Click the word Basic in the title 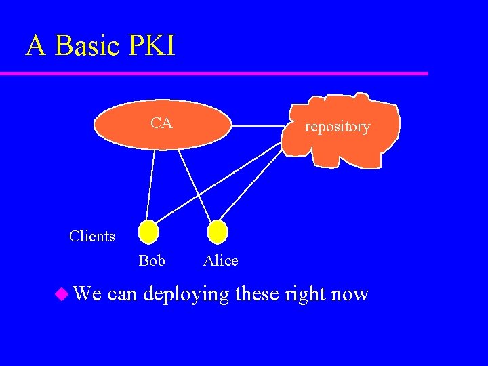pos(83,45)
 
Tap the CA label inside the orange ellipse pos(161,123)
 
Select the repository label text pos(337,127)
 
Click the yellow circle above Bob pos(148,232)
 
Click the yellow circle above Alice pos(217,232)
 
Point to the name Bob pos(152,260)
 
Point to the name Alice pos(221,260)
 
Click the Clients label pos(92,236)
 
